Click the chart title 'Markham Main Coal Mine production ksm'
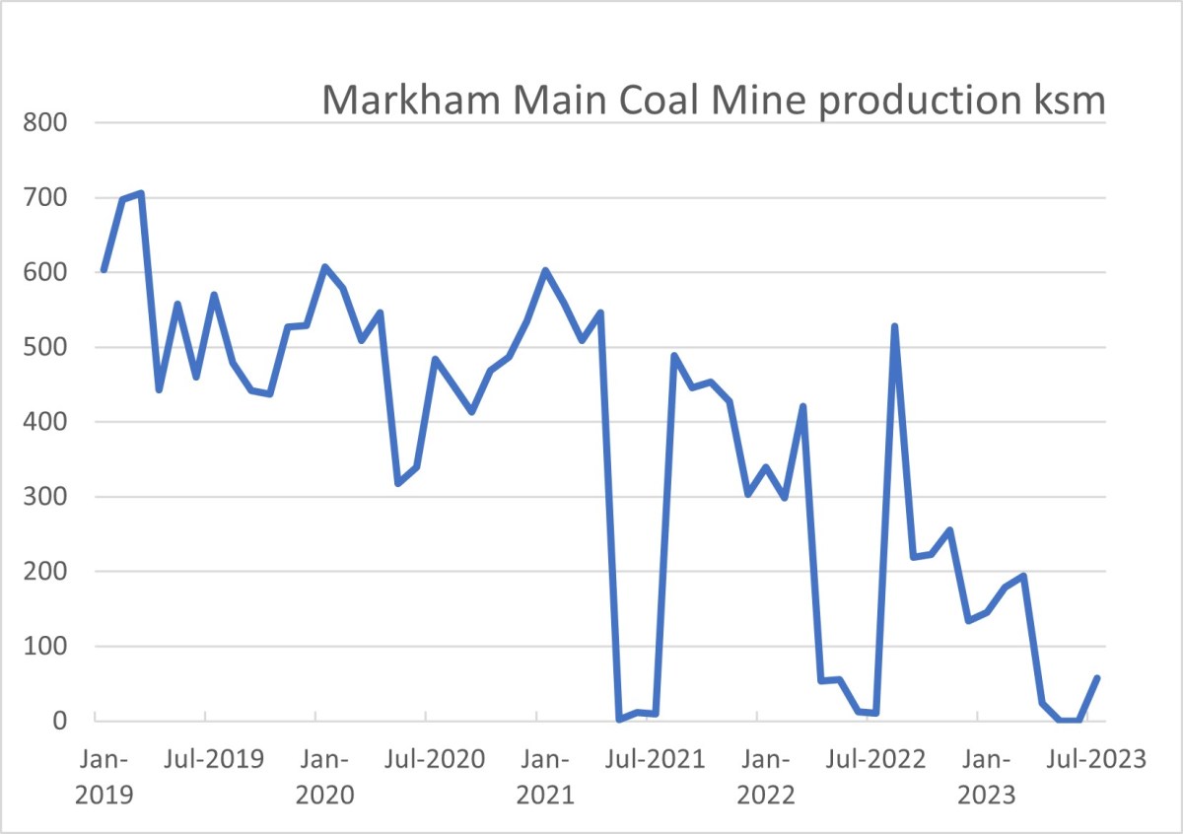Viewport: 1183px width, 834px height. [714, 101]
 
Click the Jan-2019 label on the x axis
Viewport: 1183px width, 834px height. [102, 776]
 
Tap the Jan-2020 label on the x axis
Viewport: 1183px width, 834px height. [323, 776]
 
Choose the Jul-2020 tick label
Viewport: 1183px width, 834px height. [434, 760]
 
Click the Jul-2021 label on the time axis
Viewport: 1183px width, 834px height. [655, 760]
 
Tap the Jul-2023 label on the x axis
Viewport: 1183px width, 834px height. [1095, 760]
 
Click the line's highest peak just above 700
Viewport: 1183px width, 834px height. [141, 193]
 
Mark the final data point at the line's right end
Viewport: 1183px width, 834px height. [1097, 678]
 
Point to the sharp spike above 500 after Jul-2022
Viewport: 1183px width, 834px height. [894, 326]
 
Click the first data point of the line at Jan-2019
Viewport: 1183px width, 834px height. [104, 269]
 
